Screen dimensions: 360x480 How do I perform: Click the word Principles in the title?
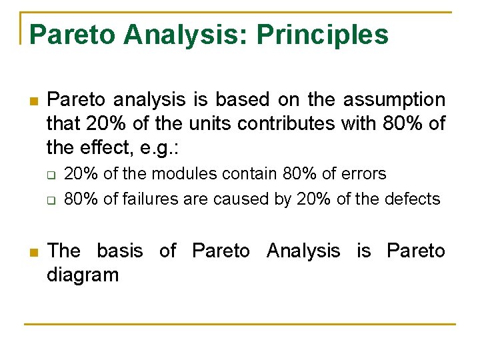click(323, 35)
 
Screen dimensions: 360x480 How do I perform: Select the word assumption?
click(394, 100)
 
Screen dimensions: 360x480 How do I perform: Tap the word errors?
click(363, 174)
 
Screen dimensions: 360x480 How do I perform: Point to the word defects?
click(415, 199)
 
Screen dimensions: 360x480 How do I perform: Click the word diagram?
click(83, 275)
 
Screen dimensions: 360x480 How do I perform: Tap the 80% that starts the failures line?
click(79, 199)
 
